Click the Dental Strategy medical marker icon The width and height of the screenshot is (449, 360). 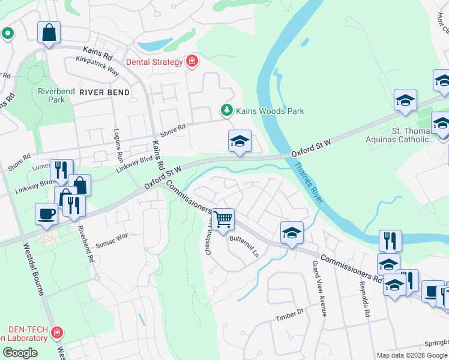click(x=192, y=61)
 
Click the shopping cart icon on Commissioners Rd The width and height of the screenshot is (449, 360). click(x=223, y=219)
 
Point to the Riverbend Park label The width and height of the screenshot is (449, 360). click(x=56, y=95)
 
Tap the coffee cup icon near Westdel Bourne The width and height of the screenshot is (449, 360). click(x=46, y=214)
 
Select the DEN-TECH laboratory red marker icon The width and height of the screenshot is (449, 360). click(x=57, y=331)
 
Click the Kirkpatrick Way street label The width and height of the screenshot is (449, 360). click(x=98, y=64)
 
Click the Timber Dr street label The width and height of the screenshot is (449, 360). click(x=290, y=315)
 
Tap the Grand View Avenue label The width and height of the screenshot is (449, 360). click(x=319, y=289)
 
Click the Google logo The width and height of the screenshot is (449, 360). click(x=20, y=352)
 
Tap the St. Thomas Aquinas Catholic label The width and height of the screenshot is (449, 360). click(x=413, y=135)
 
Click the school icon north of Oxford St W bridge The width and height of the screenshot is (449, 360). click(x=240, y=142)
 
